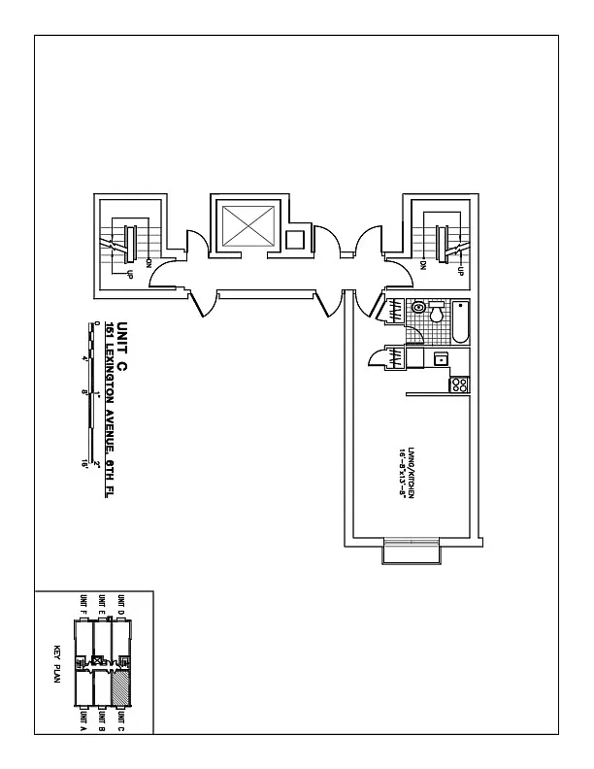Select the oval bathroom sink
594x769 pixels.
pyautogui.click(x=418, y=308)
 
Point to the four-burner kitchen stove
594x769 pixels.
pyautogui.click(x=460, y=384)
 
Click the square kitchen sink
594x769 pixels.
pyautogui.click(x=441, y=359)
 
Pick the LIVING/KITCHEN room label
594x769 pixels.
pyautogui.click(x=412, y=470)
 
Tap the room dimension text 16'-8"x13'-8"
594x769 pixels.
pyautogui.click(x=400, y=470)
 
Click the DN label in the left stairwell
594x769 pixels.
pyautogui.click(x=148, y=262)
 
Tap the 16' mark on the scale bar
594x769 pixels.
pyautogui.click(x=86, y=464)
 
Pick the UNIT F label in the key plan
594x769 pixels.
pyautogui.click(x=84, y=605)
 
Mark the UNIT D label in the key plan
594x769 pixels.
pyautogui.click(x=121, y=605)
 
